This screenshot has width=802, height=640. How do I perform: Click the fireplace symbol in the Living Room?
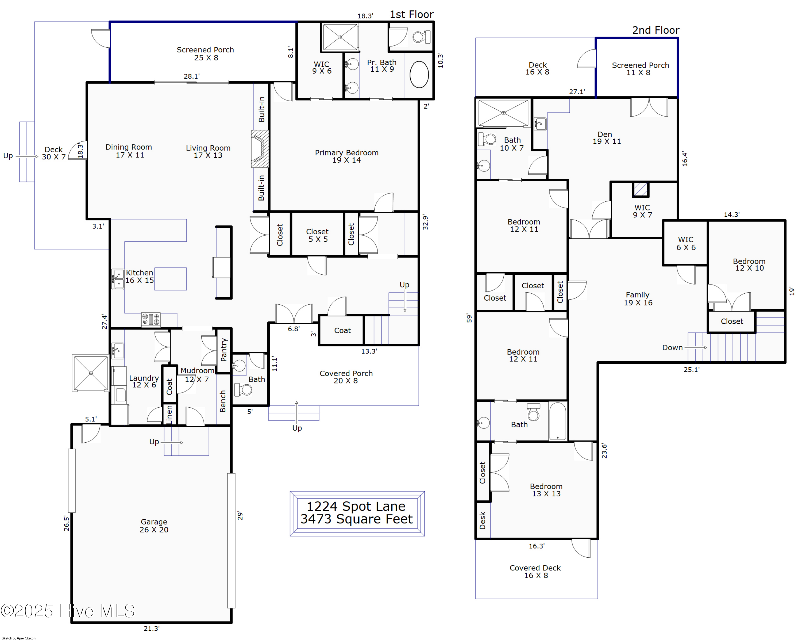point(260,148)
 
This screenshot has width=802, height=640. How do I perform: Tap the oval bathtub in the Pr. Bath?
point(419,74)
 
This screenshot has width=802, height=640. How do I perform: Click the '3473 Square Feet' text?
point(356,519)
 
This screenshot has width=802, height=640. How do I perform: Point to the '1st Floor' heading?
point(411,14)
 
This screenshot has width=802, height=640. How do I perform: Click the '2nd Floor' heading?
point(656,30)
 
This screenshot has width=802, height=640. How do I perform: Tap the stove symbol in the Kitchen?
point(151,319)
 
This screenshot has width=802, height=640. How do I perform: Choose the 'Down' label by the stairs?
point(672,347)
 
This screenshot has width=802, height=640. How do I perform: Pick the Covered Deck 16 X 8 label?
point(535,572)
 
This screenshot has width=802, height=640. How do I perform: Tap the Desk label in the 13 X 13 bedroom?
point(483,520)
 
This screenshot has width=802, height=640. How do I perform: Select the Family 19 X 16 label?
point(638,298)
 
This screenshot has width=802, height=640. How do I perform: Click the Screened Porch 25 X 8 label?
point(205,53)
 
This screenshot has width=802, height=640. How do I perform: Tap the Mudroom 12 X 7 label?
point(197,375)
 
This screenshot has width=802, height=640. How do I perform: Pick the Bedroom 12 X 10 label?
point(749,265)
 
